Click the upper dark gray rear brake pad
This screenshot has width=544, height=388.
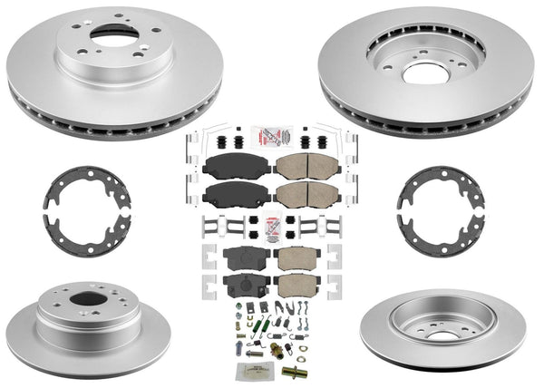tap(245, 257)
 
